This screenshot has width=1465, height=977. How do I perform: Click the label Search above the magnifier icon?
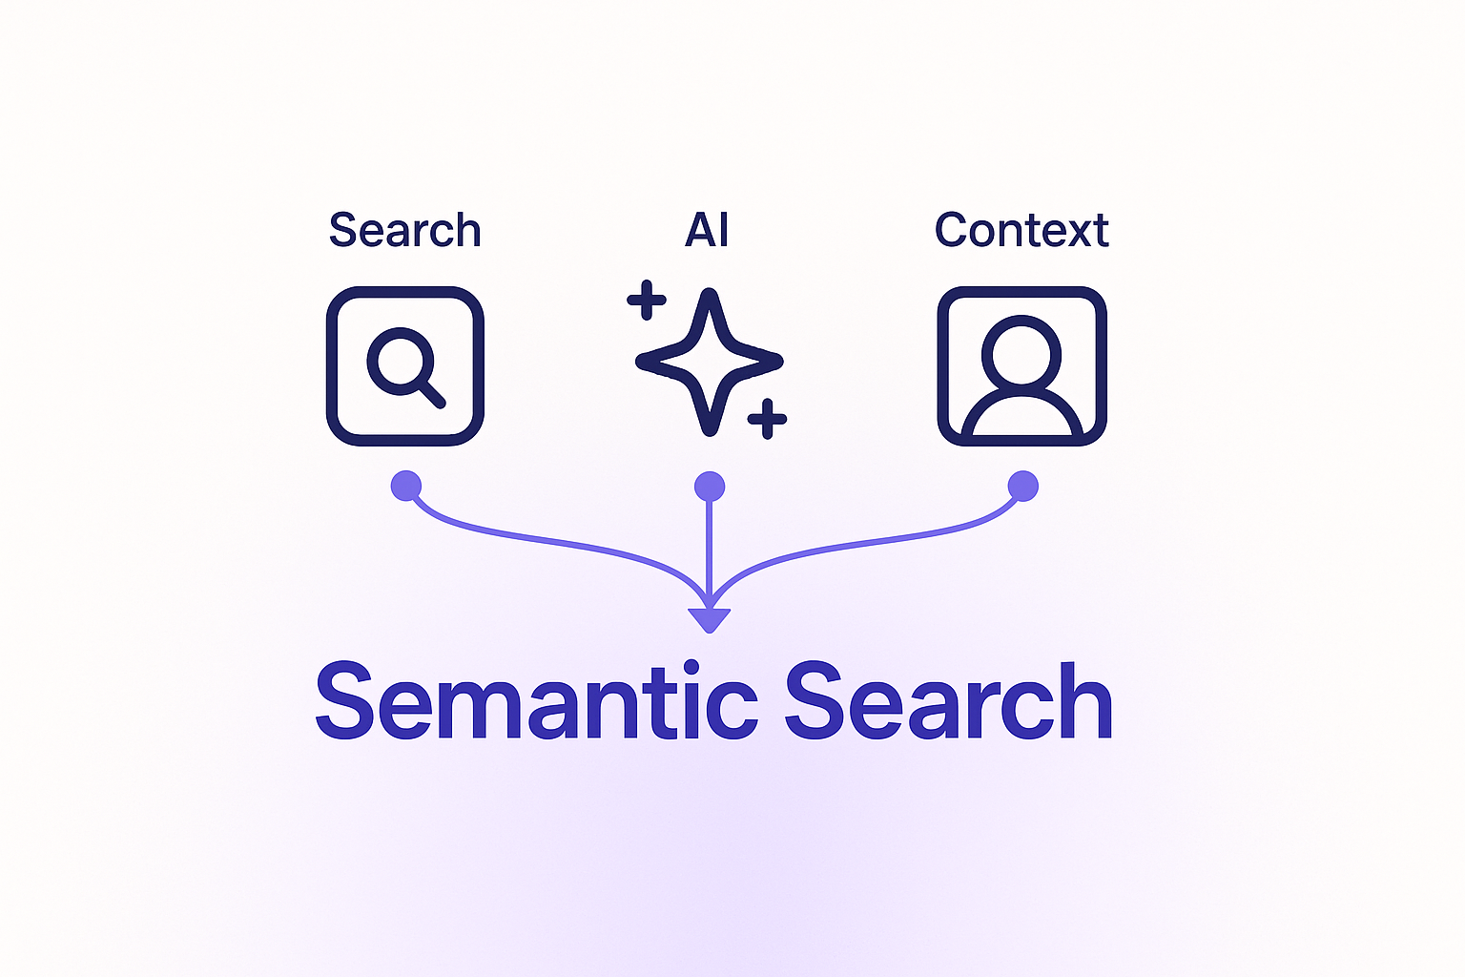404,231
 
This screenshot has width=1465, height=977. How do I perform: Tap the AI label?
707,231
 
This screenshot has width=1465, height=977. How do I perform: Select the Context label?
1021,231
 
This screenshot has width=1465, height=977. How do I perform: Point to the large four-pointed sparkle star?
709,362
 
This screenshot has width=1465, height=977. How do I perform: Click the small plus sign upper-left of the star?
647,301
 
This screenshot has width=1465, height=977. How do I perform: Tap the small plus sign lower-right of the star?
767,419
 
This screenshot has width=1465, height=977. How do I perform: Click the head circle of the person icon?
1021,351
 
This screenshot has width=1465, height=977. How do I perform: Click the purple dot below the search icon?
405,486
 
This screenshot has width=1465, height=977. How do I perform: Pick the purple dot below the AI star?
709,487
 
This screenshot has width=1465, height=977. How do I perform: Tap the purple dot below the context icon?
1022,486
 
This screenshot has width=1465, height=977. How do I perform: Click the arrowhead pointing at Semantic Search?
709,619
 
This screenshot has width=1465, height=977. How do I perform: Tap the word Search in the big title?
948,702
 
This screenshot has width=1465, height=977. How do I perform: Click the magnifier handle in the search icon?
432,393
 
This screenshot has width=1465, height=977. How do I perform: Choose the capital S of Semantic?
344,701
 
